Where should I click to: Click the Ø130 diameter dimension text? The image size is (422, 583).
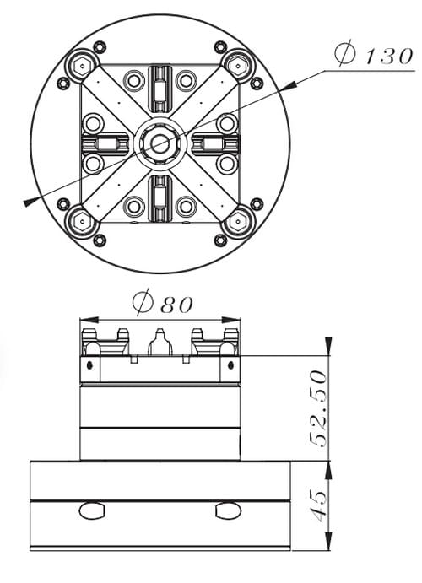click(x=374, y=55)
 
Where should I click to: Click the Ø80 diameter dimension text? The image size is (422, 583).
click(x=163, y=303)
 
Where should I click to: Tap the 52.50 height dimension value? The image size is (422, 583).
click(x=318, y=408)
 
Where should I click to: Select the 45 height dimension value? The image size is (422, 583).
click(x=318, y=505)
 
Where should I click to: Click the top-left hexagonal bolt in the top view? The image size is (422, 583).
click(x=82, y=66)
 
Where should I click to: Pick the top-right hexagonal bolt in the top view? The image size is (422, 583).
click(x=237, y=66)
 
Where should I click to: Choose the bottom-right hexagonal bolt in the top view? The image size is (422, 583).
click(x=237, y=223)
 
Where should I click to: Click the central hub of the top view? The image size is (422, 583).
click(x=160, y=143)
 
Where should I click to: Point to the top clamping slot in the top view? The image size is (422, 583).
click(x=160, y=89)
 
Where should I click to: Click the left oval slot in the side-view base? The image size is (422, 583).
click(x=92, y=510)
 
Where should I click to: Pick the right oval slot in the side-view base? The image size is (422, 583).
click(x=228, y=510)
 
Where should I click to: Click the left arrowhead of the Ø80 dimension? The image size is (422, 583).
click(x=89, y=320)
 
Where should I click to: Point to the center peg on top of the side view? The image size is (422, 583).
click(x=160, y=342)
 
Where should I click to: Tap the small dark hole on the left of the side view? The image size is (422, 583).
click(x=89, y=365)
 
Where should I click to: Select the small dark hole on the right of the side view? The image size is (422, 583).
click(x=231, y=365)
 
